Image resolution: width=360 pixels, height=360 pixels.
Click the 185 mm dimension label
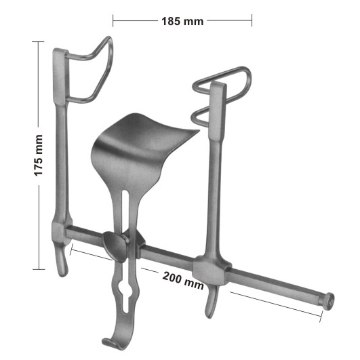point(182,21)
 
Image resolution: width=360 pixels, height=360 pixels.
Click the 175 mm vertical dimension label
point(39,157)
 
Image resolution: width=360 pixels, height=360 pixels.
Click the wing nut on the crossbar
point(115,246)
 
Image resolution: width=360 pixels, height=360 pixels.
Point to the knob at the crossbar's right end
point(328,300)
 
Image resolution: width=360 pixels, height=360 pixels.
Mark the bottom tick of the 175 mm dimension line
point(39,269)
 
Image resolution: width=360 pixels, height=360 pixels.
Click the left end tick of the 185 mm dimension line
point(113,21)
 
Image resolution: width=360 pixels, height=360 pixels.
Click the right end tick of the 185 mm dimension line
point(252,21)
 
